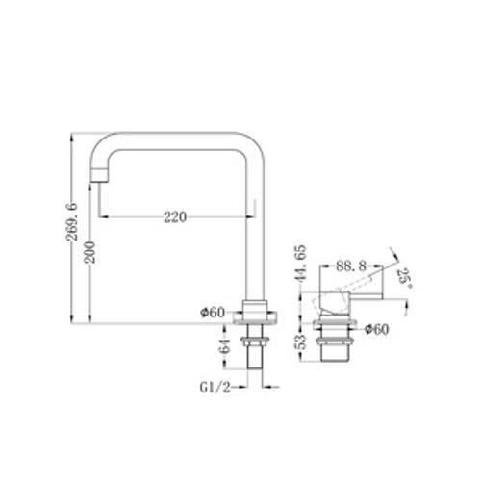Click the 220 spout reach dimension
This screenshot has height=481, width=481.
click(x=175, y=217)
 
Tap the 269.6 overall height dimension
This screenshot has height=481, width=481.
click(x=72, y=221)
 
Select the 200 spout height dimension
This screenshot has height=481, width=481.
click(x=89, y=252)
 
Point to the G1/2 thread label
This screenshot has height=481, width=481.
click(x=215, y=388)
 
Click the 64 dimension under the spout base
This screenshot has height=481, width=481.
click(x=226, y=345)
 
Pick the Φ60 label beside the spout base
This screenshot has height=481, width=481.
click(x=213, y=313)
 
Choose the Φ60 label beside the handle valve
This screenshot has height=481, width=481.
click(x=377, y=329)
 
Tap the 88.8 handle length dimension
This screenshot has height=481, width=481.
click(x=351, y=266)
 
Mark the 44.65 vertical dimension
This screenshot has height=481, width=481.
click(x=301, y=263)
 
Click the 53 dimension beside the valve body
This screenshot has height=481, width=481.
click(x=301, y=342)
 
